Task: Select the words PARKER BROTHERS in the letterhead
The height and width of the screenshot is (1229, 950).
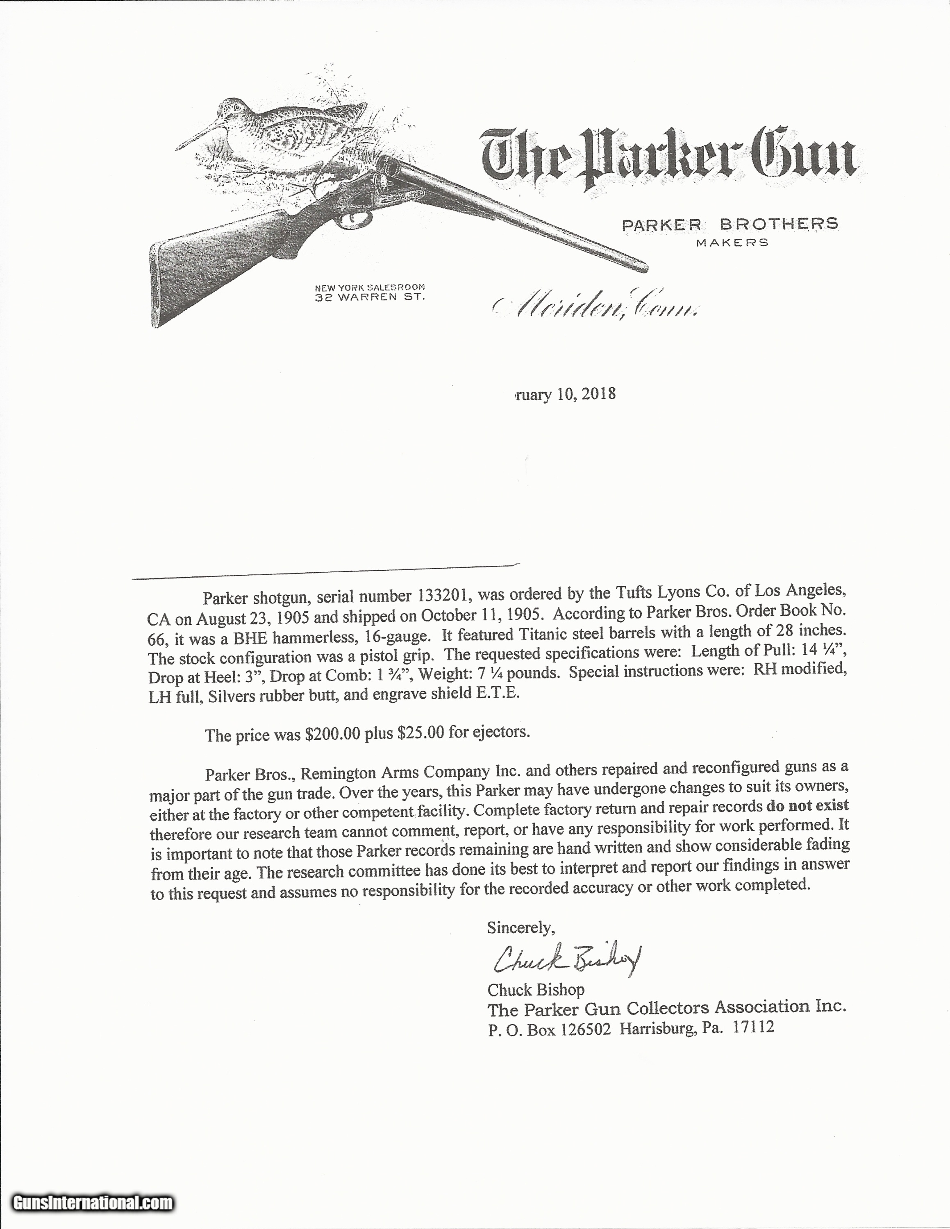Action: tap(730, 224)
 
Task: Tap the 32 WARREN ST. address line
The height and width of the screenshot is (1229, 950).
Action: tap(369, 297)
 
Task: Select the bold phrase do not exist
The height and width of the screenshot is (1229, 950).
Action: tap(807, 806)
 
